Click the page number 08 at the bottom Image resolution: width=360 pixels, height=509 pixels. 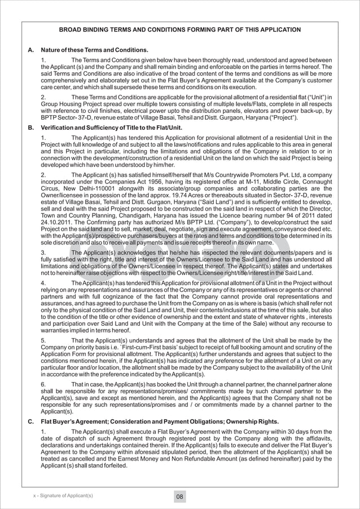[179, 497]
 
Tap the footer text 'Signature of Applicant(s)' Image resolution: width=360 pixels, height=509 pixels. [65, 495]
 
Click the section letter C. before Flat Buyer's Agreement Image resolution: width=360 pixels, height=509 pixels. [30, 422]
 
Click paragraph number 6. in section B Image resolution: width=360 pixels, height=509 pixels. [44, 385]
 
